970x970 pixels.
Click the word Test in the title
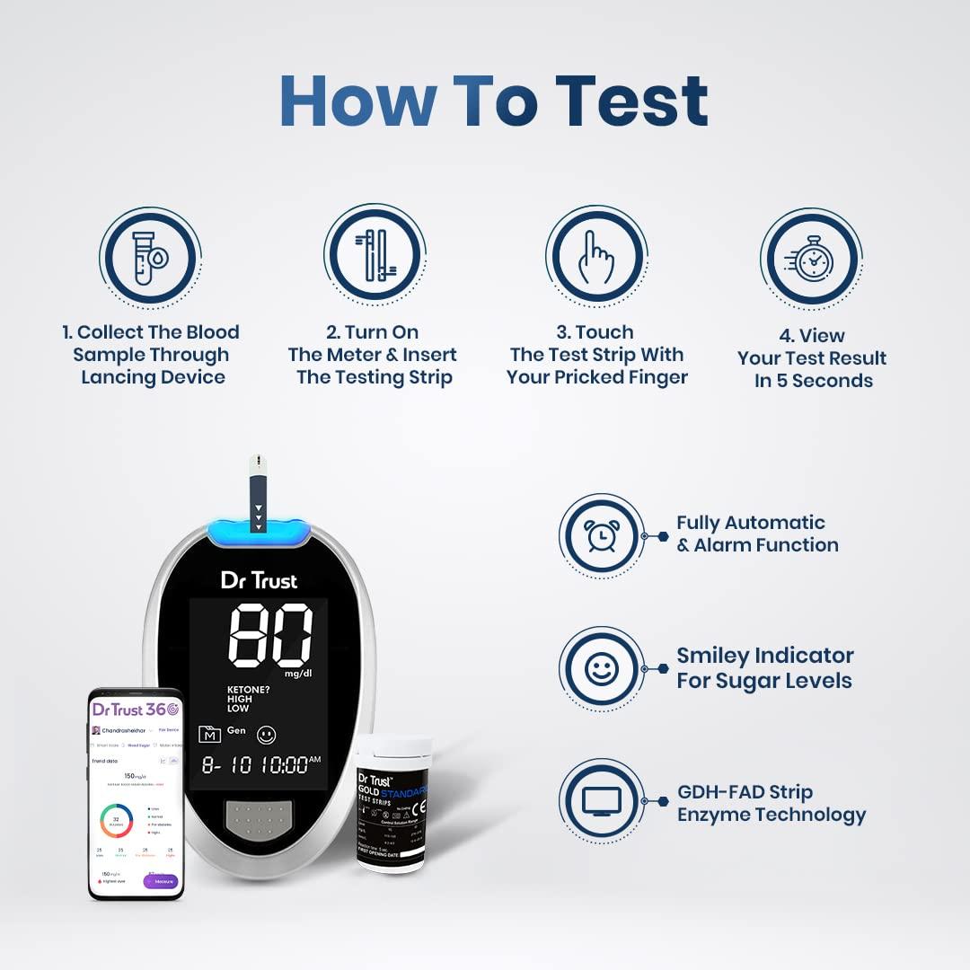[631, 101]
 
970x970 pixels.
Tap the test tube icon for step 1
[147, 259]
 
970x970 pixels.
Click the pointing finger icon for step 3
[596, 257]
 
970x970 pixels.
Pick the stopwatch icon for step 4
[812, 260]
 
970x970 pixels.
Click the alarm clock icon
[602, 535]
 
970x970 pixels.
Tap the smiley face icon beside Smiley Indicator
[602, 668]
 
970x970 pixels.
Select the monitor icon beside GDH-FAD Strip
[602, 801]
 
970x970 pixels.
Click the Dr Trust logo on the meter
[259, 580]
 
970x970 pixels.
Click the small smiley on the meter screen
[266, 735]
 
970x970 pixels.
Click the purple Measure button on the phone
[162, 881]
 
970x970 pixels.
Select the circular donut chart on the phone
[116, 820]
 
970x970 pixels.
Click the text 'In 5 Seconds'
[813, 381]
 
